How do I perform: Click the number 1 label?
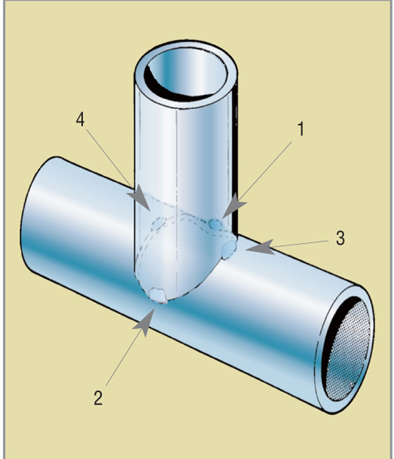pos(301,129)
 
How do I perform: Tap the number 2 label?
pos(98,398)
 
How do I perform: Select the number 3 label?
pos(340,239)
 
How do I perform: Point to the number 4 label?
pos(80,119)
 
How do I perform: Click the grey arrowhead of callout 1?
pos(234,206)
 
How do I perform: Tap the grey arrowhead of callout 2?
pos(144,322)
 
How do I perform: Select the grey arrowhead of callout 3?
pos(261,247)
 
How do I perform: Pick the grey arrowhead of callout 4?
pos(140,199)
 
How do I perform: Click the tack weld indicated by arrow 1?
pos(215,225)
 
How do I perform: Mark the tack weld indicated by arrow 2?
pos(158,295)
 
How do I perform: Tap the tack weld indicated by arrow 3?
pos(229,249)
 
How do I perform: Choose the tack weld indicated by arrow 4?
pos(158,224)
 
